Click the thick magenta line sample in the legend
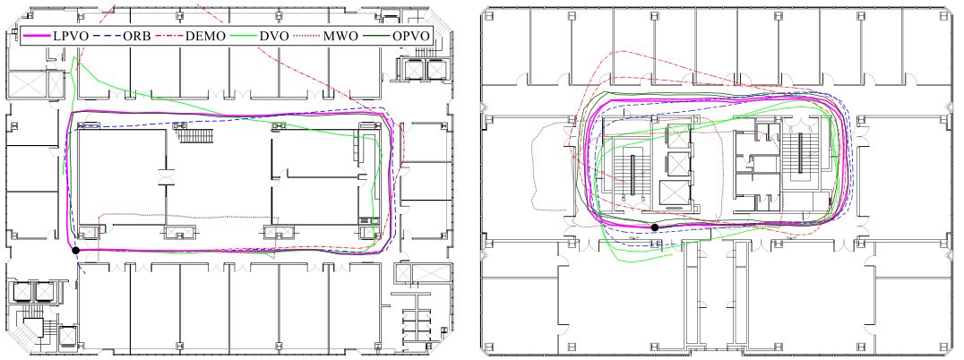[x=38, y=36]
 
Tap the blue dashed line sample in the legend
[x=108, y=36]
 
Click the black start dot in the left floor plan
[x=75, y=251]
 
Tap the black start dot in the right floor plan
[x=655, y=227]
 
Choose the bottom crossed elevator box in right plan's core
[x=671, y=193]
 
